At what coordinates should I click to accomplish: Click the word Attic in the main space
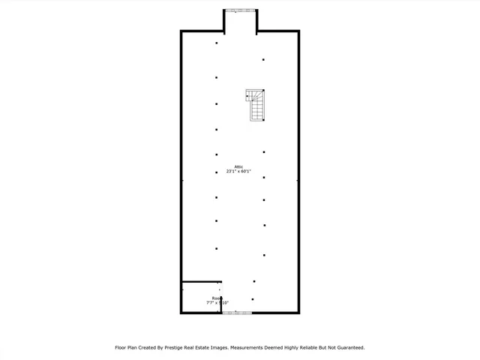click(x=238, y=166)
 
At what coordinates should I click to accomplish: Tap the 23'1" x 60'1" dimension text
click(x=238, y=172)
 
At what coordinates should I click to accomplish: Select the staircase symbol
click(x=256, y=105)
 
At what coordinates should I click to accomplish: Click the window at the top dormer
click(x=241, y=10)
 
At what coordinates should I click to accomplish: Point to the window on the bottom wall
click(x=238, y=313)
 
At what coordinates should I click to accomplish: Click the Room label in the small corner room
click(x=217, y=298)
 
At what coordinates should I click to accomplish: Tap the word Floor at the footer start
click(x=121, y=348)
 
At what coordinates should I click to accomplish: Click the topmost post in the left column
click(x=217, y=43)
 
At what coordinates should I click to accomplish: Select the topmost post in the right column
click(x=263, y=60)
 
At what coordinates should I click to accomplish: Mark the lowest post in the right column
click(x=253, y=299)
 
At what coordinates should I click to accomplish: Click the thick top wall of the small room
click(x=200, y=282)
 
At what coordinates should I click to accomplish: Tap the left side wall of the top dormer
click(x=225, y=21)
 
